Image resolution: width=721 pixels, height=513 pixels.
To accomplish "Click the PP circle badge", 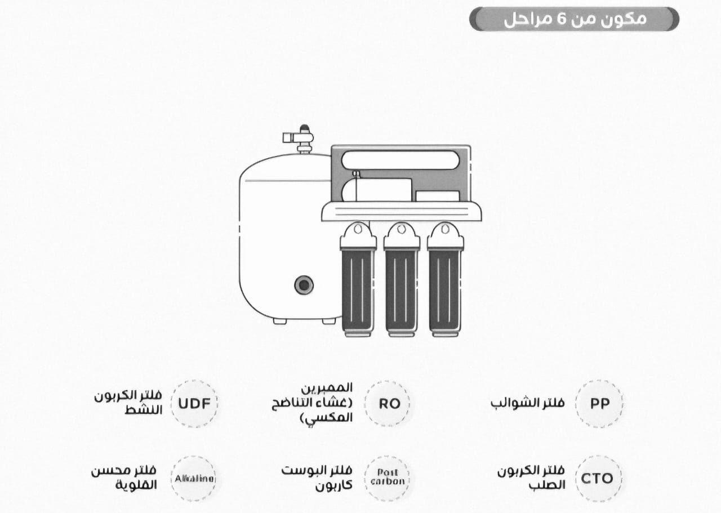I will pyautogui.click(x=599, y=404).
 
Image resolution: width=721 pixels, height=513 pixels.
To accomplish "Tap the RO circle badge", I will pyautogui.click(x=389, y=404).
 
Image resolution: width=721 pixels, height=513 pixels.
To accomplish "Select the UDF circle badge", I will pyautogui.click(x=194, y=404).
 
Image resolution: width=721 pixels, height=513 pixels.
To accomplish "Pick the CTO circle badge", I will pyautogui.click(x=597, y=479).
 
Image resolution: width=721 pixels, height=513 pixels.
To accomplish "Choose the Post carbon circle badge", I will pyautogui.click(x=388, y=478).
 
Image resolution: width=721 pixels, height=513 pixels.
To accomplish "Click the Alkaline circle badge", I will pyautogui.click(x=194, y=479).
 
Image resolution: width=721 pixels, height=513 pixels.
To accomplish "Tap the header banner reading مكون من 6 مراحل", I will pyautogui.click(x=574, y=19).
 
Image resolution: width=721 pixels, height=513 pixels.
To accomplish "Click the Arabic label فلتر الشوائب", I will pyautogui.click(x=527, y=404).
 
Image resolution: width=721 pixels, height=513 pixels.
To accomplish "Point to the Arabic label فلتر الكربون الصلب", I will pyautogui.click(x=531, y=478).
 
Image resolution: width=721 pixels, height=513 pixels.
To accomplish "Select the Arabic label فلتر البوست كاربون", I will pyautogui.click(x=317, y=478).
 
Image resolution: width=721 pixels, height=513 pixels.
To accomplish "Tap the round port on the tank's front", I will pyautogui.click(x=304, y=285).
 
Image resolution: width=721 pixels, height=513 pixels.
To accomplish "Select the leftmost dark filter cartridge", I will pyautogui.click(x=358, y=290).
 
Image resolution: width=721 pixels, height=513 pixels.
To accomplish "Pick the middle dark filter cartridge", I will pyautogui.click(x=401, y=290).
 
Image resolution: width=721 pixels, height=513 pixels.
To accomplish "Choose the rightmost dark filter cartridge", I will pyautogui.click(x=444, y=290).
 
